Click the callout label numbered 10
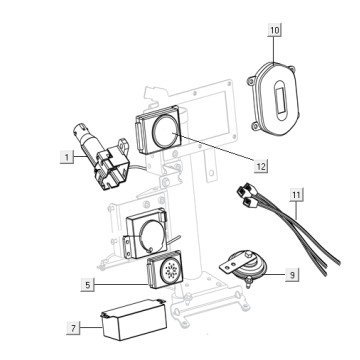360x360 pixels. (x=275, y=30)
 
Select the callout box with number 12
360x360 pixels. (x=261, y=166)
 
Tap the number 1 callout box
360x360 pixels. (x=67, y=157)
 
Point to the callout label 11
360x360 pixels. (x=296, y=195)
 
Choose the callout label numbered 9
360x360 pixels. (x=292, y=275)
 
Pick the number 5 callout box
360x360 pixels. (x=87, y=285)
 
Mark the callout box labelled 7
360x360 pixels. (x=73, y=328)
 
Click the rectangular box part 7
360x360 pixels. (x=134, y=319)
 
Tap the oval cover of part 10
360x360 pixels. (x=274, y=99)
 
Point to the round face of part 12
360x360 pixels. (x=166, y=132)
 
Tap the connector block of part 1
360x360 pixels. (x=111, y=170)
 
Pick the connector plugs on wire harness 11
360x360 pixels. (x=247, y=195)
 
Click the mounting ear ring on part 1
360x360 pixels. (x=123, y=145)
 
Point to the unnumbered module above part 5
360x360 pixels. (x=146, y=233)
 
